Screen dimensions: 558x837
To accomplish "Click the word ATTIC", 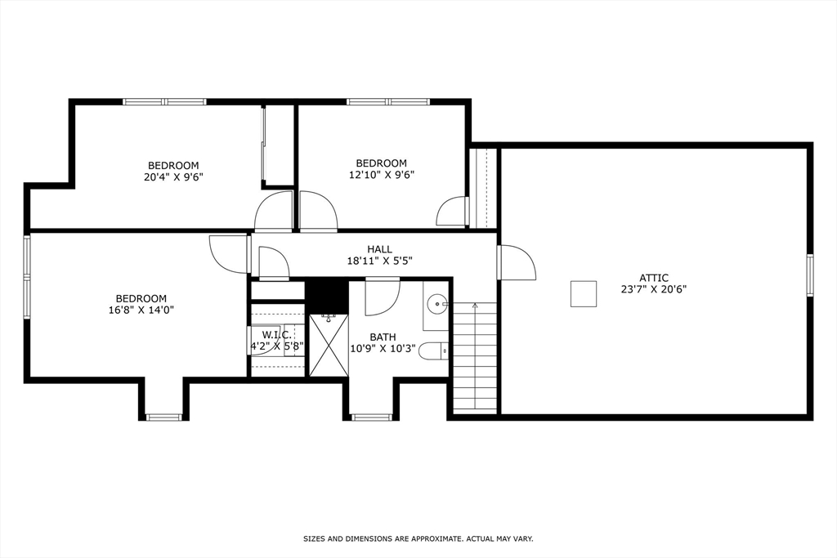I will tap(654, 278).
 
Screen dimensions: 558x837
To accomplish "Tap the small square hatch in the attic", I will tap(583, 293).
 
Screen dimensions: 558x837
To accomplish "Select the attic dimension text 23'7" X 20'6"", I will tap(653, 289).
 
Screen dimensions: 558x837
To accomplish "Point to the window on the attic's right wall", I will tap(809, 274).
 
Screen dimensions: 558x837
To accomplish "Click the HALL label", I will tap(379, 249).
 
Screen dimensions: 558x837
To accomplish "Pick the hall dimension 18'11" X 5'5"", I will tap(379, 261).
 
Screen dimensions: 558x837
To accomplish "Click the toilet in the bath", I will tap(434, 351).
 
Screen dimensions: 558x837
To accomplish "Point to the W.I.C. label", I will tap(276, 335).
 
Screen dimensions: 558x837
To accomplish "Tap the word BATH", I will tap(383, 337).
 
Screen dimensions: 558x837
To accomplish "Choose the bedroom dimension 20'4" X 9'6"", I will tap(173, 176).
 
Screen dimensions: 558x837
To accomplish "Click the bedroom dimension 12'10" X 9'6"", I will tap(381, 174).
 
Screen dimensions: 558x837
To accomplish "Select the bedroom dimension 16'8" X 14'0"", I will tap(141, 310).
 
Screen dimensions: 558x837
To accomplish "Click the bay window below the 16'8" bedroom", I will tap(164, 417).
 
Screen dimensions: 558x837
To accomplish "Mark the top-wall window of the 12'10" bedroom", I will tap(387, 102).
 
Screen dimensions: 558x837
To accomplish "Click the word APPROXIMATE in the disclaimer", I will tap(436, 538).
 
